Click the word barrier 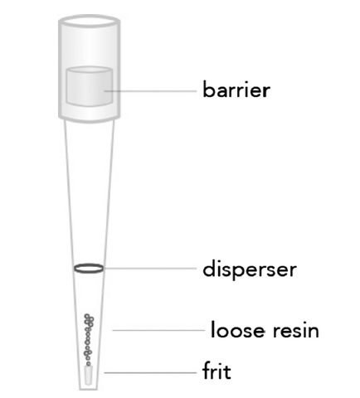pyautogui.click(x=236, y=90)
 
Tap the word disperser pyautogui.click(x=250, y=269)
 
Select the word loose pyautogui.click(x=238, y=330)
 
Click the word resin pyautogui.click(x=296, y=331)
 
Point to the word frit pyautogui.click(x=216, y=371)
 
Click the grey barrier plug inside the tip pyautogui.click(x=90, y=86)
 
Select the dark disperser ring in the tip pyautogui.click(x=89, y=269)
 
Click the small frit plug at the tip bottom pyautogui.click(x=89, y=375)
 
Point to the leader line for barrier pyautogui.click(x=150, y=90)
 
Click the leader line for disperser pyautogui.click(x=150, y=268)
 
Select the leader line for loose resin pyautogui.click(x=158, y=330)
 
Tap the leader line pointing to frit pyautogui.click(x=150, y=372)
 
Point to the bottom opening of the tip pyautogui.click(x=89, y=389)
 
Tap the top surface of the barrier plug pyautogui.click(x=90, y=70)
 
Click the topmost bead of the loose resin pyautogui.click(x=87, y=316)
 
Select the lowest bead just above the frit pyautogui.click(x=89, y=363)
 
